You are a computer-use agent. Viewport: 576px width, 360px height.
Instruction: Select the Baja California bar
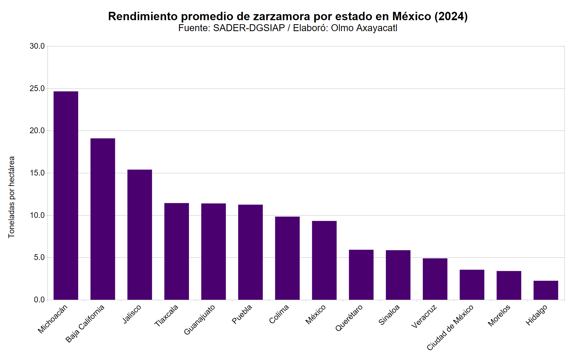click(x=103, y=219)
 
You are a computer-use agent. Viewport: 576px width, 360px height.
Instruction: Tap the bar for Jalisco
click(x=139, y=235)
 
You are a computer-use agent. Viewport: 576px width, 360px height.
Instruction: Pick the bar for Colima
click(x=287, y=258)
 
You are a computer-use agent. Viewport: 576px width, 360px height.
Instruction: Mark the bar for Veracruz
click(x=435, y=279)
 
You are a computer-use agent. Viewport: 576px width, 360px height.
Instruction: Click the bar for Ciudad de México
click(x=472, y=284)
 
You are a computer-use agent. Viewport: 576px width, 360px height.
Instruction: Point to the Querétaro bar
click(x=361, y=275)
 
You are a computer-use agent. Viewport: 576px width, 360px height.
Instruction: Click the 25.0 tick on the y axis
click(x=37, y=88)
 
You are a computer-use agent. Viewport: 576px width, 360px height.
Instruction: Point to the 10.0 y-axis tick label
click(x=37, y=215)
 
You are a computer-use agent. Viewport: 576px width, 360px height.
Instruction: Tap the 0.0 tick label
click(x=39, y=300)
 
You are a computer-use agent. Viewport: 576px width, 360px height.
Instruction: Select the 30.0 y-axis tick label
click(x=37, y=46)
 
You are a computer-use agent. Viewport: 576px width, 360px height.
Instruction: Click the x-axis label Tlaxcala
click(x=166, y=316)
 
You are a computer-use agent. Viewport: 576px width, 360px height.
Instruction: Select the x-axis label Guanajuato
click(x=199, y=320)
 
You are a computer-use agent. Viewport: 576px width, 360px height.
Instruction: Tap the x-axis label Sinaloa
click(x=389, y=315)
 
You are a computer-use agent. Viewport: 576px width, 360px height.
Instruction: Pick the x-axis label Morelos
click(x=499, y=315)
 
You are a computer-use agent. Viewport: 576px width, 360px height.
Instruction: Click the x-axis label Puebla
click(x=242, y=314)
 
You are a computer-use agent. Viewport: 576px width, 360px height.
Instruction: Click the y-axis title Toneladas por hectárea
click(x=12, y=197)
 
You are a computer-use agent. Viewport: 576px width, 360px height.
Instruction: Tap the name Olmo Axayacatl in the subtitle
click(x=364, y=28)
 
